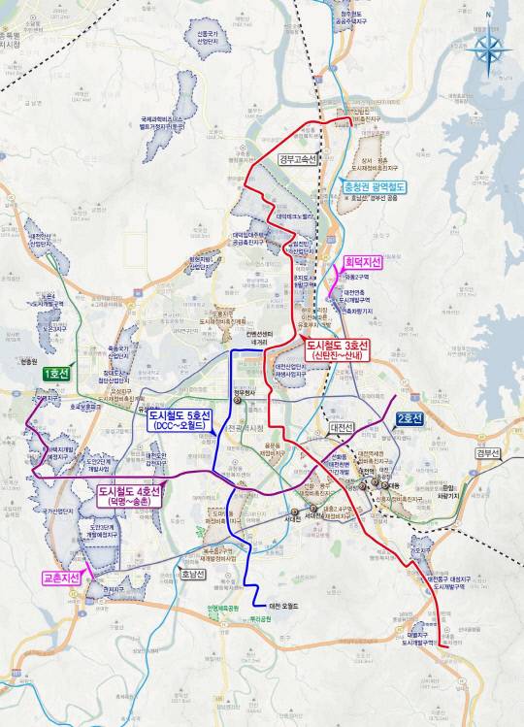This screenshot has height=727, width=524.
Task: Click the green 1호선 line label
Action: tap(53, 373)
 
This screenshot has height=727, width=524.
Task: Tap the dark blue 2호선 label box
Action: tap(409, 418)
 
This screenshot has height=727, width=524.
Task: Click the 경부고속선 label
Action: tap(297, 158)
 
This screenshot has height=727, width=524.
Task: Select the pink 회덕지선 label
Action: tap(363, 262)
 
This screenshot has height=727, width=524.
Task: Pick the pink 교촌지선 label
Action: tap(61, 577)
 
